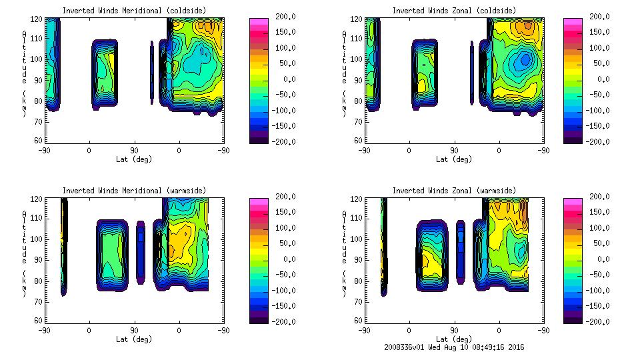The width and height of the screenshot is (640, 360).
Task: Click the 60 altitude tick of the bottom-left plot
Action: [40, 321]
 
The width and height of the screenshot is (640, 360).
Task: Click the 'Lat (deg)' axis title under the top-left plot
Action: [133, 159]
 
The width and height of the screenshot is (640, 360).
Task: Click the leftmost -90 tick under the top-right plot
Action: [364, 151]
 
